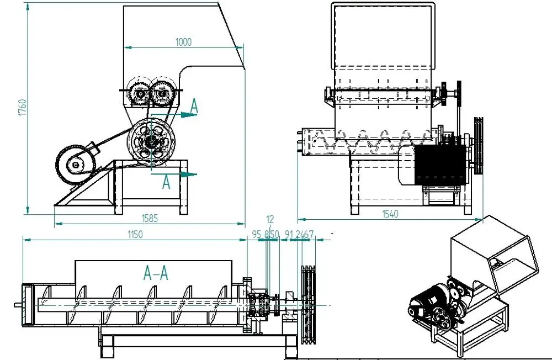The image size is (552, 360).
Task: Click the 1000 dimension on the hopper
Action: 184,42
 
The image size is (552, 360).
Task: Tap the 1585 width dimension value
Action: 149,218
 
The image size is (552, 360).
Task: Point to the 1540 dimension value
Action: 390,214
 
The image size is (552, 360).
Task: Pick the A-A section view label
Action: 156,272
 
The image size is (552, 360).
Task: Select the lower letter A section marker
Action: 166,183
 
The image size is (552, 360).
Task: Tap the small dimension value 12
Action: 270,220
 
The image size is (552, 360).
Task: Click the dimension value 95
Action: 256,235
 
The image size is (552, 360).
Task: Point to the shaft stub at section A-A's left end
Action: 18,304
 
